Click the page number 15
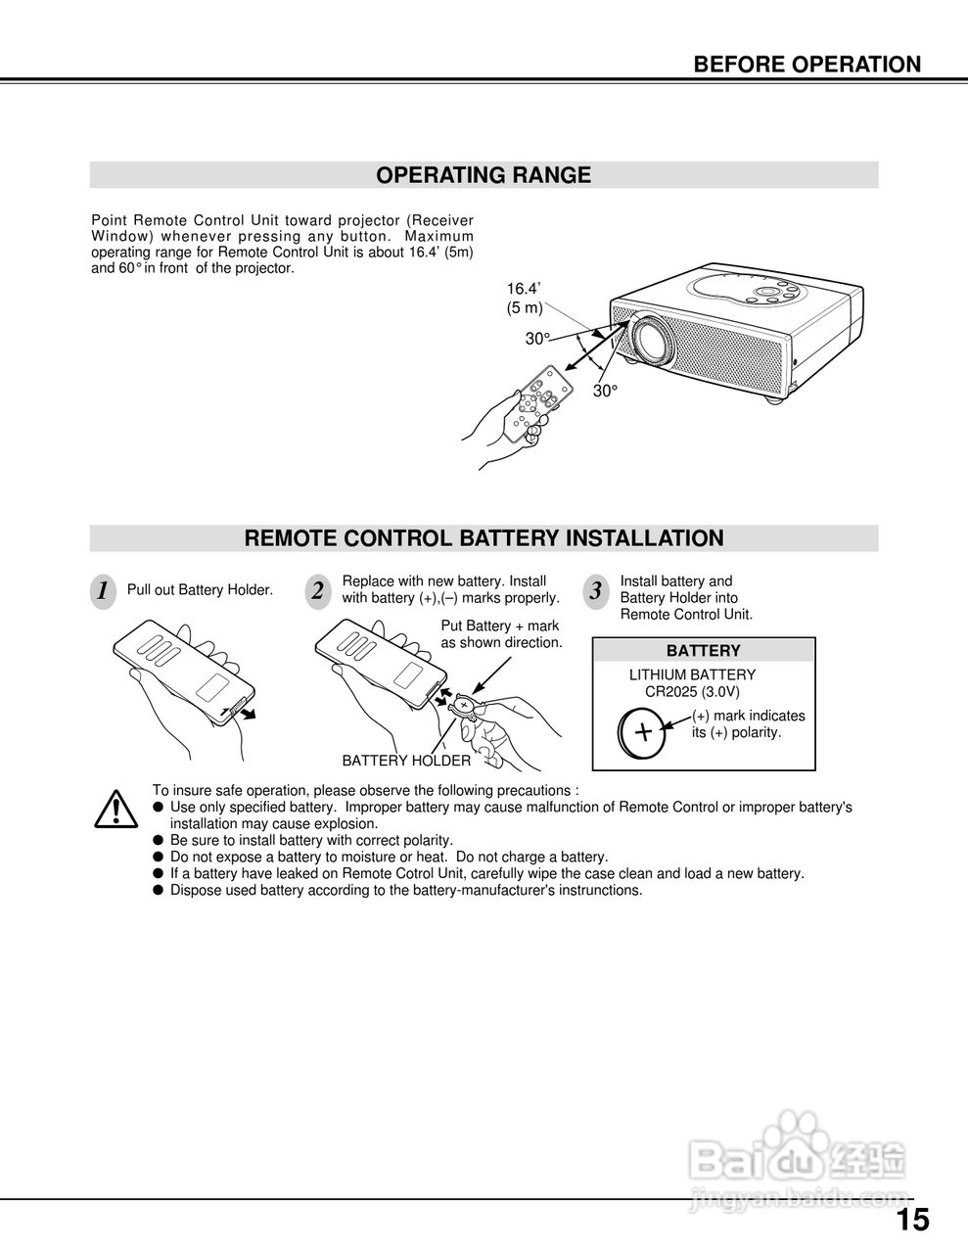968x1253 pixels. (912, 1221)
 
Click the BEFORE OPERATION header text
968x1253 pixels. (807, 65)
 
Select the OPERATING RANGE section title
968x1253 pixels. (484, 175)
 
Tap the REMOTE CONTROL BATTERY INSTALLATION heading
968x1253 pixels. (484, 538)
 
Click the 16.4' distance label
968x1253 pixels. (524, 289)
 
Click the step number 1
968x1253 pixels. (103, 591)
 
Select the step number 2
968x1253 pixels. (317, 591)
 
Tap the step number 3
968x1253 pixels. (595, 591)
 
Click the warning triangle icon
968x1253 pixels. (115, 809)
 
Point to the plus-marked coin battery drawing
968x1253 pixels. (643, 731)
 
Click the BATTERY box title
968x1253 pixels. (703, 651)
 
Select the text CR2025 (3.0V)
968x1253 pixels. (692, 691)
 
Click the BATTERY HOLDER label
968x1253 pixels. (406, 761)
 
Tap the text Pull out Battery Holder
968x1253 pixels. (200, 590)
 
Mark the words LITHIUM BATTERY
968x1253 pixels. (692, 674)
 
